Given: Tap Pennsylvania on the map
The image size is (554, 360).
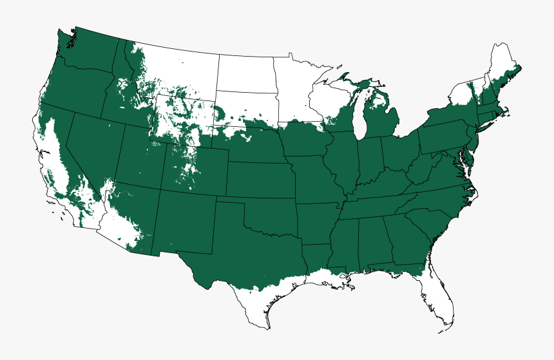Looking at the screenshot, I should (444, 135).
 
